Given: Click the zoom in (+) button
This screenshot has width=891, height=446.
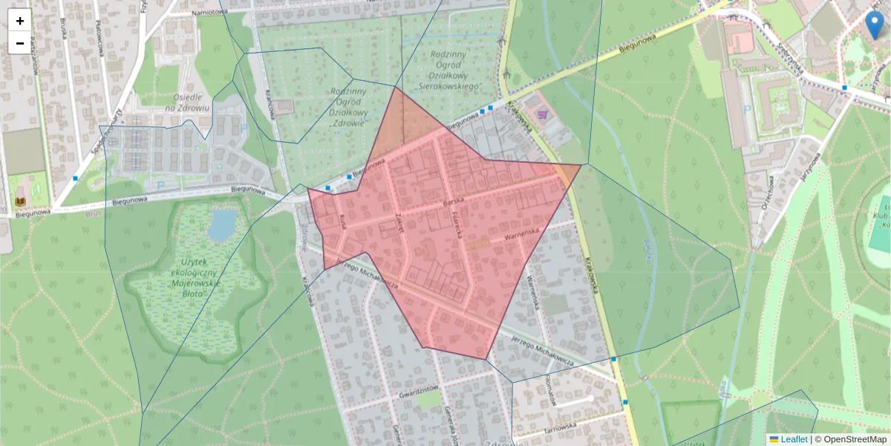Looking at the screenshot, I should (x=20, y=20).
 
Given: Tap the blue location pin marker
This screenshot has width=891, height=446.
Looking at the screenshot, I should (x=875, y=24).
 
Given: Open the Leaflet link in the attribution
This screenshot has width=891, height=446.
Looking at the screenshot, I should (x=793, y=439).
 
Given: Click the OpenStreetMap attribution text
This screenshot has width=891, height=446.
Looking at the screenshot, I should (x=855, y=439).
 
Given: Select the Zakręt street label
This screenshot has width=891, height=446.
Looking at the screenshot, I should (x=399, y=222).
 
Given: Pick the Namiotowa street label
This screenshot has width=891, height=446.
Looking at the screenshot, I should (x=209, y=11).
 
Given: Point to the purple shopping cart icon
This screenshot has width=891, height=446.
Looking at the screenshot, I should (x=543, y=114).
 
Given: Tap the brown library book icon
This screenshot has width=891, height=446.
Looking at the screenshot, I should (x=20, y=202).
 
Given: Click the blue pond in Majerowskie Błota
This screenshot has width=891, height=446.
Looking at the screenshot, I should (x=222, y=224).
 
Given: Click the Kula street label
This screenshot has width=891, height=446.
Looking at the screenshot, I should (x=342, y=221).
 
